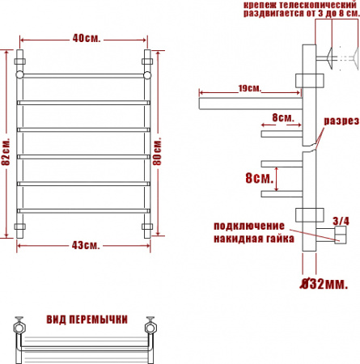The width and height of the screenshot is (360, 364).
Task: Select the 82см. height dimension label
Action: click(6, 147)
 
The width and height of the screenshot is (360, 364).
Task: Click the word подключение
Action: click(249, 224)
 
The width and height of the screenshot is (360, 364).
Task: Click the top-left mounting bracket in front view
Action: click(20, 61)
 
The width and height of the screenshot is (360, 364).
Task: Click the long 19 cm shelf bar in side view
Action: click(247, 102)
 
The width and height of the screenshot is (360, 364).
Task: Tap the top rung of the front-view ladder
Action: click(83, 75)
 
